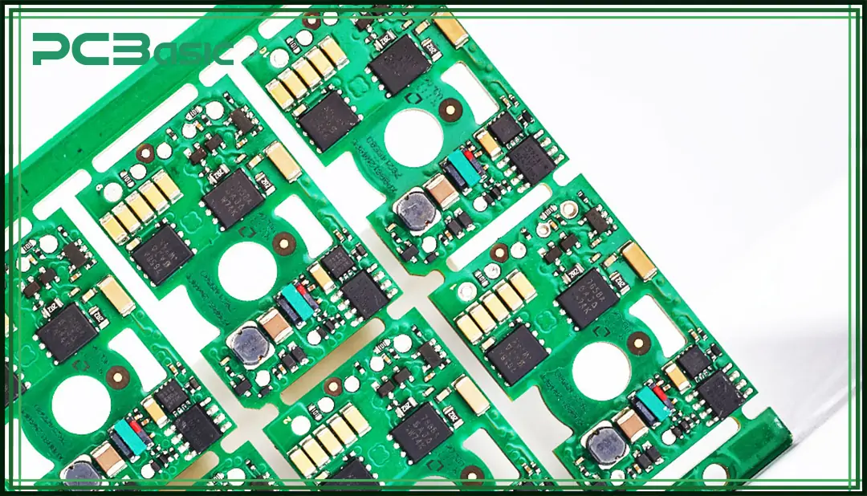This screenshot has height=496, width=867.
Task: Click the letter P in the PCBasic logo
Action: [49, 50]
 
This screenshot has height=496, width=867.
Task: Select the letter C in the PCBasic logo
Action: [95, 50]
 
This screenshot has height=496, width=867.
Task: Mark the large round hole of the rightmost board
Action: [600, 371]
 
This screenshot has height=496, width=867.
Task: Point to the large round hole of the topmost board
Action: [413, 137]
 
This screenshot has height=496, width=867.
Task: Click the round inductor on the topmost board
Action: [414, 210]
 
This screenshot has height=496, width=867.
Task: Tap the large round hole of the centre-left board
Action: [246, 271]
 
